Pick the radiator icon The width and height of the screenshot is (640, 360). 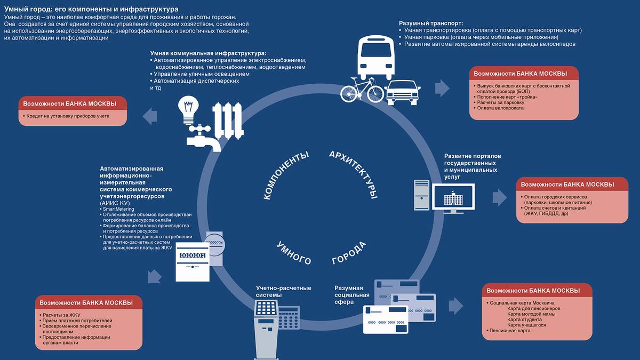pos(228,119)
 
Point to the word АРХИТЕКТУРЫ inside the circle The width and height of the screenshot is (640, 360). pos(354,174)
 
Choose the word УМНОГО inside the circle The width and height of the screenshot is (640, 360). pos(293,253)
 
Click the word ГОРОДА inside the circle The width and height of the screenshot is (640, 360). pos(349,253)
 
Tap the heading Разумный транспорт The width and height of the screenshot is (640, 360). pos(430,23)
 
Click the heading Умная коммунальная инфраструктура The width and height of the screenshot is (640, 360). pos(207,53)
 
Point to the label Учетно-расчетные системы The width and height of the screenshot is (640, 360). pos(283,291)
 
